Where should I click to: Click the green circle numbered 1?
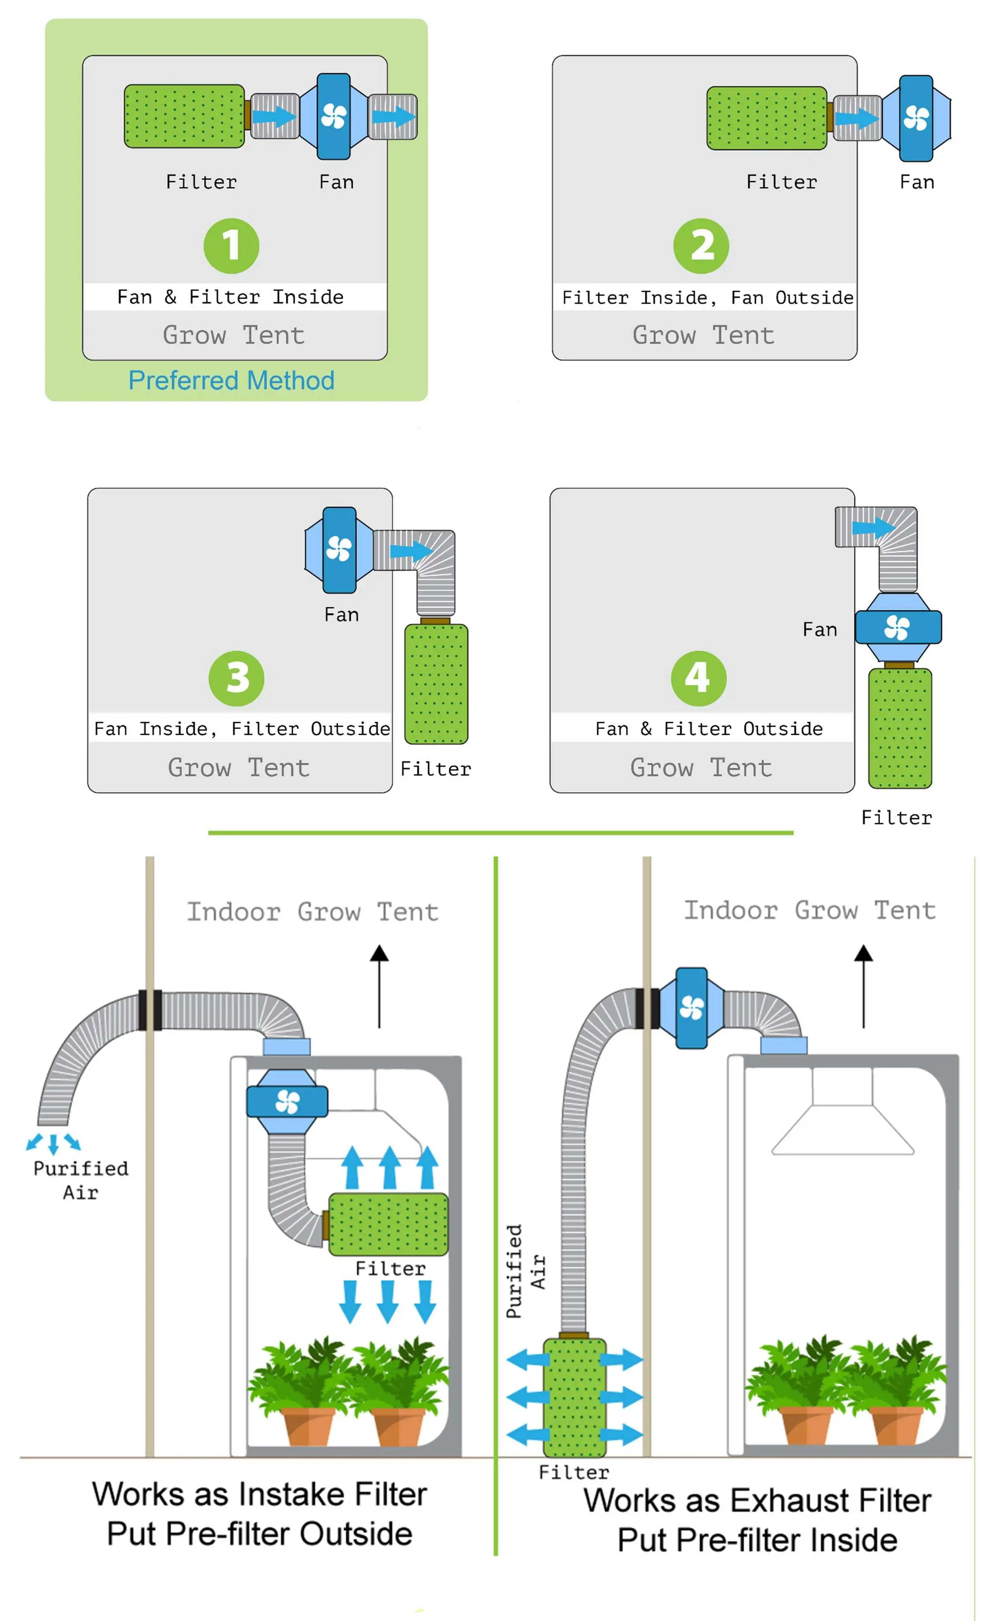coord(231,246)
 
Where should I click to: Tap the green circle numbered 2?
coord(701,246)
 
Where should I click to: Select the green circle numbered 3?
coord(236,678)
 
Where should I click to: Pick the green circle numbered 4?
coord(698,678)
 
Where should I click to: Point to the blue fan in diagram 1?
coord(334,116)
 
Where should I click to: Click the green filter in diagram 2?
coord(766,118)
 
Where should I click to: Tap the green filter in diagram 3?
coord(436,684)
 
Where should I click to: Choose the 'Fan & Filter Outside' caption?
coord(709,729)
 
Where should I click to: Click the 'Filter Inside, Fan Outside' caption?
coord(708,298)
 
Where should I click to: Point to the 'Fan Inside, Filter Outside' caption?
coord(241,729)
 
